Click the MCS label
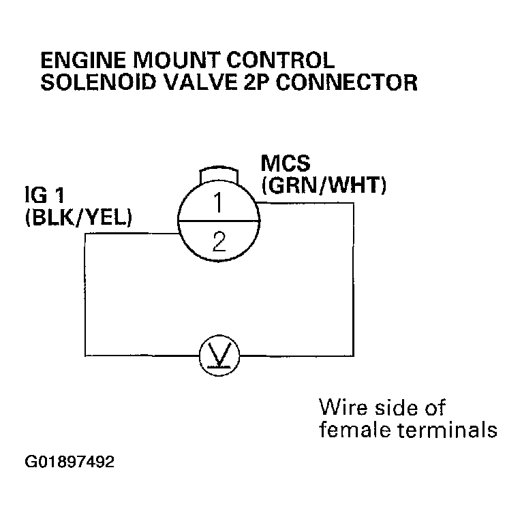click(x=286, y=165)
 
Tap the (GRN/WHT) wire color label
click(x=324, y=185)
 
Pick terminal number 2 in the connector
click(x=219, y=242)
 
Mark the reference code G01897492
click(x=70, y=462)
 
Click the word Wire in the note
click(x=343, y=408)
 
